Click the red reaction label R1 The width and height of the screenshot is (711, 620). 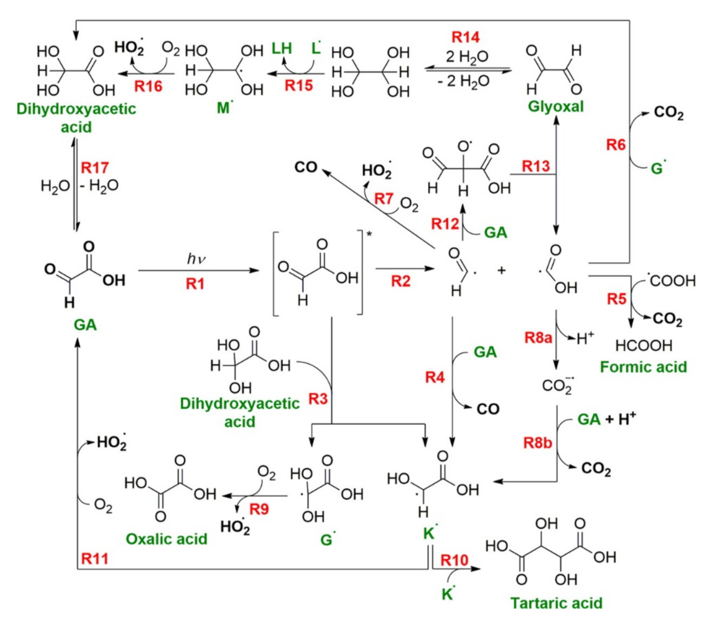tap(195, 284)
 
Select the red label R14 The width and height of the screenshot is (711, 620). tap(465, 37)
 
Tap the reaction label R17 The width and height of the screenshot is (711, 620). tap(95, 167)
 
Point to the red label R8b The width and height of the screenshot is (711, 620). tap(538, 443)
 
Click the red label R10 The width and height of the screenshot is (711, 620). tap(454, 560)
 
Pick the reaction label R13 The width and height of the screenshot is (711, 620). tap(536, 166)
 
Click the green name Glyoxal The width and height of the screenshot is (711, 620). tap(556, 107)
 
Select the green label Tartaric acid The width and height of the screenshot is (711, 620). tap(556, 603)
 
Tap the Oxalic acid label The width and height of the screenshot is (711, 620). tap(166, 539)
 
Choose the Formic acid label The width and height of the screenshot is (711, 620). tap(643, 367)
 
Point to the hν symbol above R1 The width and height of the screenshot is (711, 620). tap(196, 259)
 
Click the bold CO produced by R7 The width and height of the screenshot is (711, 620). tap(306, 167)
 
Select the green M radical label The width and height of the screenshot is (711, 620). tap(224, 108)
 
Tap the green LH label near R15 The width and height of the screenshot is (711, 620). tap(282, 48)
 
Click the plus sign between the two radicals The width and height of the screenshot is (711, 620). tap(501, 271)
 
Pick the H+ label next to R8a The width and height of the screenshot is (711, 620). tap(585, 338)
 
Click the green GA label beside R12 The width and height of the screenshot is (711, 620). tap(495, 232)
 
